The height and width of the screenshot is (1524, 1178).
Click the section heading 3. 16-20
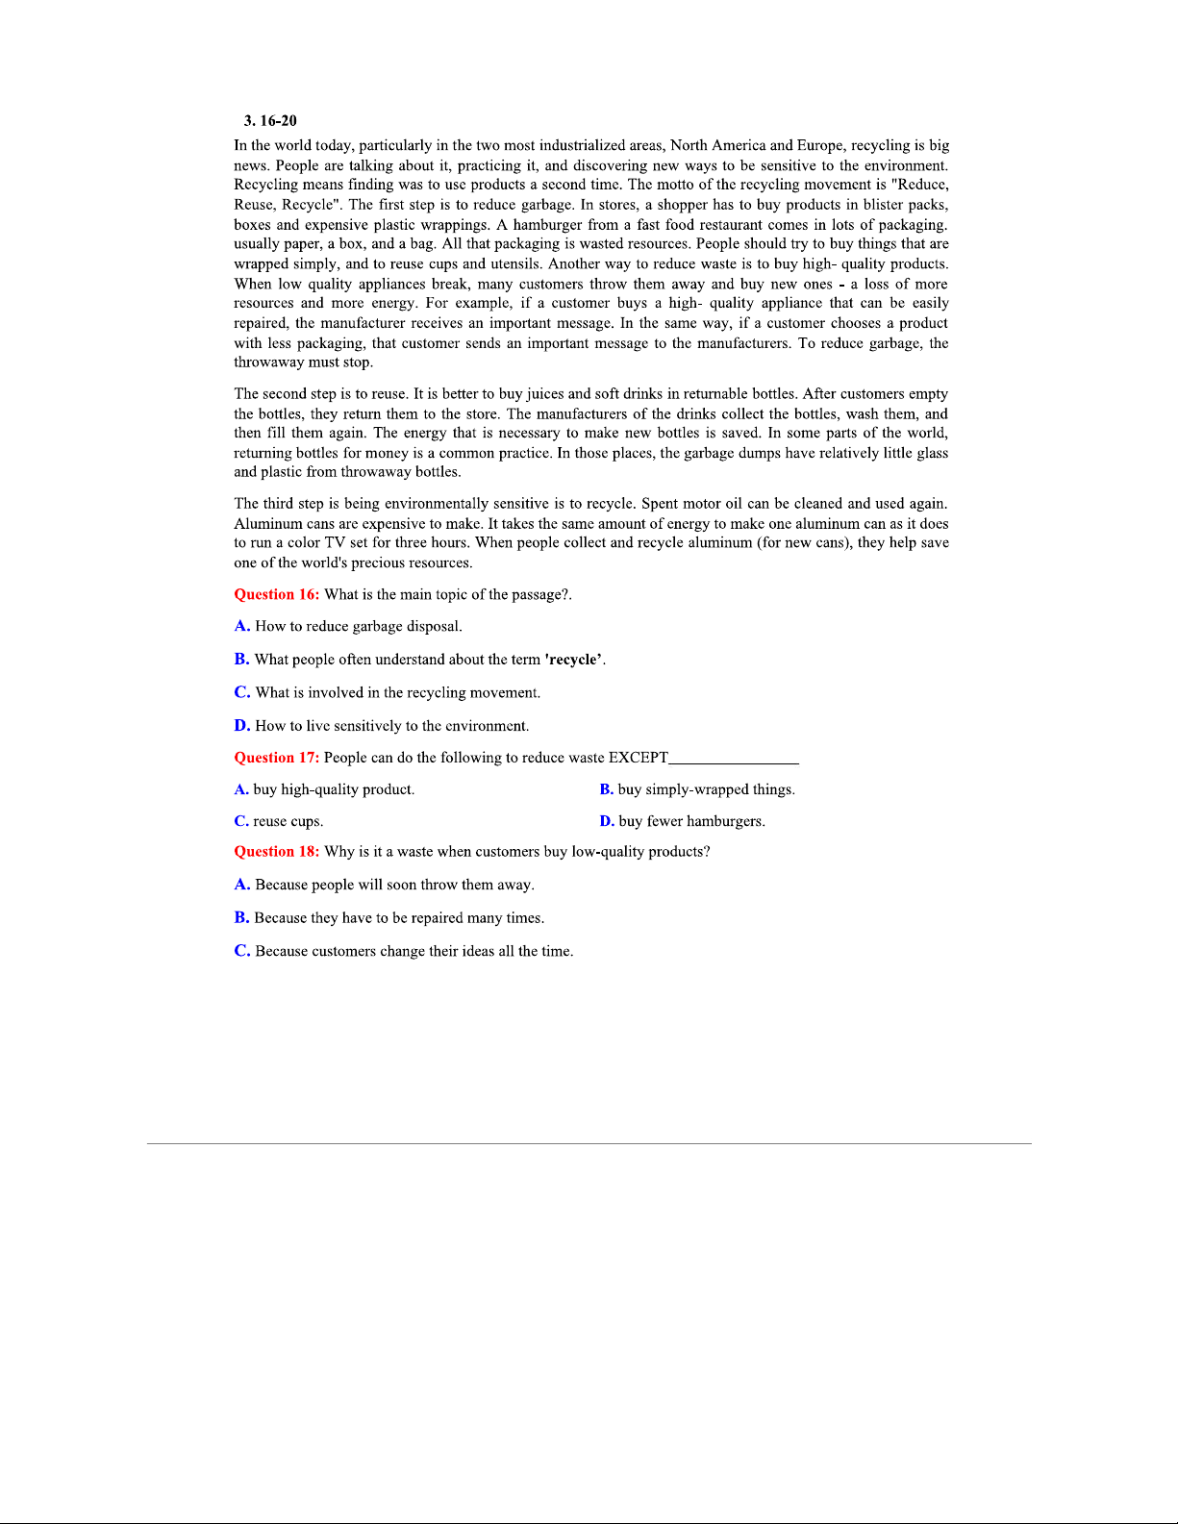point(270,120)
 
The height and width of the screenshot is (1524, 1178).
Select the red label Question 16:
point(277,594)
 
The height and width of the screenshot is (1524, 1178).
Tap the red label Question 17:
point(277,758)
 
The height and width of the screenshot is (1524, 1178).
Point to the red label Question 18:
point(277,852)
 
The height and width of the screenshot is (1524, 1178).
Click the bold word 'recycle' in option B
point(574,660)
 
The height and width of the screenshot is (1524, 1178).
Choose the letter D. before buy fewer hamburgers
point(607,821)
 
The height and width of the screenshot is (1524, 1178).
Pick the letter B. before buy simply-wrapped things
point(607,789)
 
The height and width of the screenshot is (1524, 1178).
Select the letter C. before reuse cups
point(241,821)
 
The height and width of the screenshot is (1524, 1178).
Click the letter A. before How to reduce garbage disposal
point(242,626)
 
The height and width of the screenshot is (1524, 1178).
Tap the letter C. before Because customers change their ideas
point(242,951)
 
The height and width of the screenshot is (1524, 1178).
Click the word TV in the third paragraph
point(335,542)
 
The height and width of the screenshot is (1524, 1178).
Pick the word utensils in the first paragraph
point(514,264)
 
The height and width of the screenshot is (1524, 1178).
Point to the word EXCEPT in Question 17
point(639,758)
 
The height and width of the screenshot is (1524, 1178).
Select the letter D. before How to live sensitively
point(242,726)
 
